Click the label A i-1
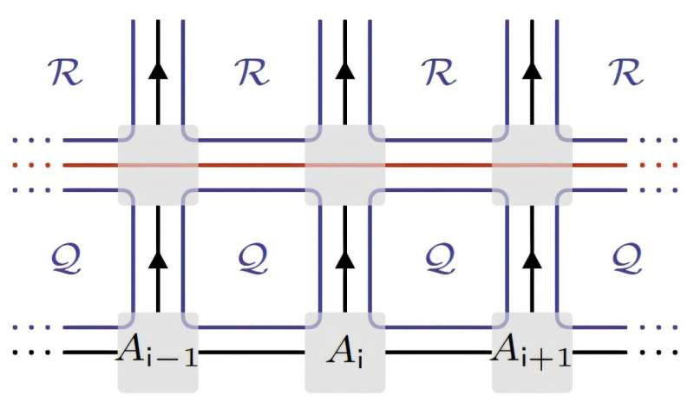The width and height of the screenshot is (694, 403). pyautogui.click(x=158, y=353)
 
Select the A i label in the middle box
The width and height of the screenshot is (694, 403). pyautogui.click(x=344, y=353)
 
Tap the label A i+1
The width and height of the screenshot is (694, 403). pyautogui.click(x=531, y=353)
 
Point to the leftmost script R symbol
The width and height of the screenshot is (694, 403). pyautogui.click(x=67, y=74)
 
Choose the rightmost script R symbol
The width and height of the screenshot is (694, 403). pyautogui.click(x=626, y=74)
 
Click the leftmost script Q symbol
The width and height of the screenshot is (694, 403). pyautogui.click(x=67, y=258)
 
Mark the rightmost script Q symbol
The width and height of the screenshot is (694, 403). pyautogui.click(x=626, y=258)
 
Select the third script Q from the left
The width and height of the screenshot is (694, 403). pyautogui.click(x=440, y=258)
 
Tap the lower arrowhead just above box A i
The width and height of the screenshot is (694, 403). pyautogui.click(x=344, y=258)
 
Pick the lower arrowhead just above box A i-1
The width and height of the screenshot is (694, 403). pyautogui.click(x=158, y=258)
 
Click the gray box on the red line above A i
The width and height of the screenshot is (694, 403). pyautogui.click(x=344, y=164)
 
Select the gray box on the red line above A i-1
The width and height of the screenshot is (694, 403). pyautogui.click(x=158, y=164)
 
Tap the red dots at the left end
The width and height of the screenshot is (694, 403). pyautogui.click(x=33, y=164)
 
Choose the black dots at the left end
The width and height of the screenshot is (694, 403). pyautogui.click(x=33, y=353)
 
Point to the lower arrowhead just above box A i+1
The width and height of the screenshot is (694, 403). pyautogui.click(x=532, y=258)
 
